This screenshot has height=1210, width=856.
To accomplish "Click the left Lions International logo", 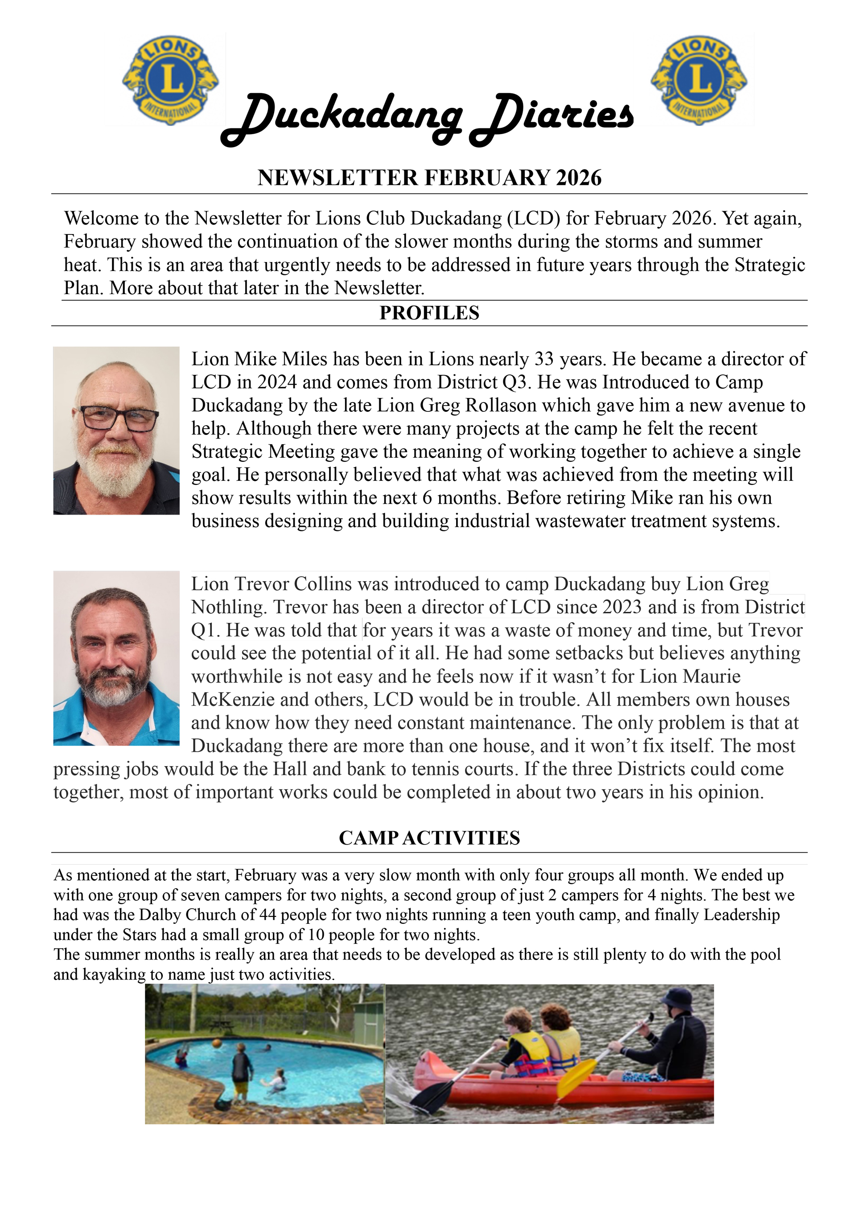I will pyautogui.click(x=170, y=80).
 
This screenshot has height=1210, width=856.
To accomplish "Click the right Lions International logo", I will pyautogui.click(x=699, y=80).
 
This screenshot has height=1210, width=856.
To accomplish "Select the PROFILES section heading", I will pyautogui.click(x=429, y=313).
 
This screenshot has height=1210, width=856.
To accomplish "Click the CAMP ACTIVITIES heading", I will pyautogui.click(x=429, y=838).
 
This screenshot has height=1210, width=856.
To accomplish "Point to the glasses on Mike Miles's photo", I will pyautogui.click(x=119, y=419).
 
